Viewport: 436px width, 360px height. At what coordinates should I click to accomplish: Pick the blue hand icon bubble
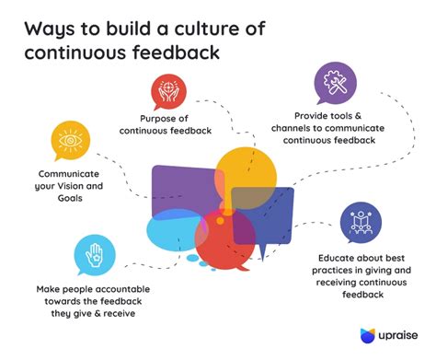(x=94, y=253)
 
